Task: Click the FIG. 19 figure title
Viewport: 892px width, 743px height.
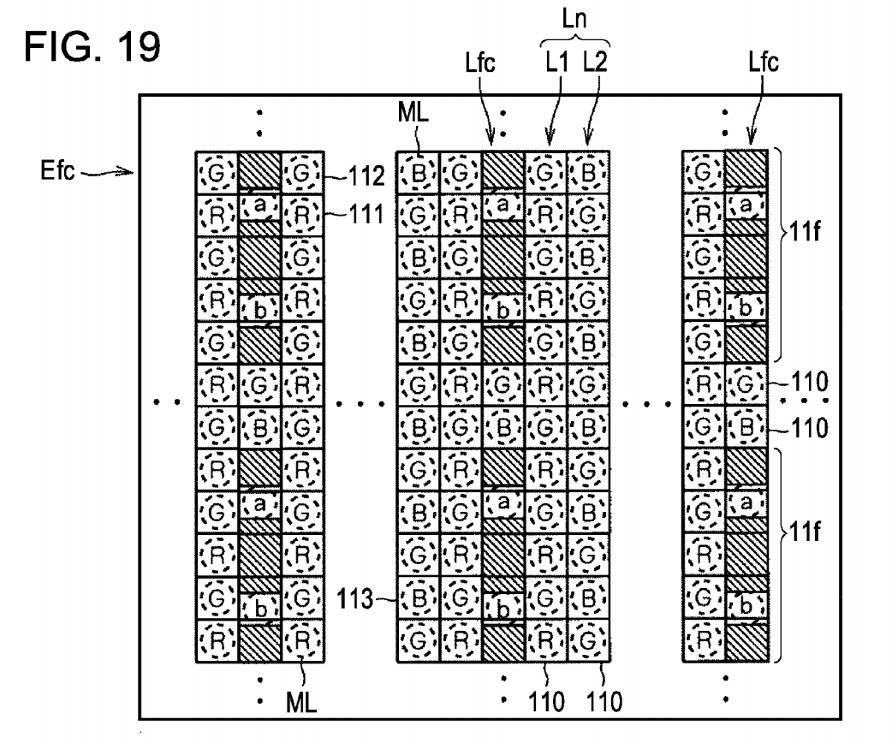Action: click(92, 46)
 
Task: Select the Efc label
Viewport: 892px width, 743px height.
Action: click(57, 170)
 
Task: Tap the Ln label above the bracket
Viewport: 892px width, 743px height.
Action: click(574, 19)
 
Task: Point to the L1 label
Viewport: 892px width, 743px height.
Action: click(557, 62)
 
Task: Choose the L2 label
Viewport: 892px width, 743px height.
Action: click(596, 62)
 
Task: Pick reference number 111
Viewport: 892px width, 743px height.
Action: click(366, 215)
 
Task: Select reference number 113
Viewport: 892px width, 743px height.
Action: click(355, 599)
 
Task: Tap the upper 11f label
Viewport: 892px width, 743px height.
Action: click(805, 232)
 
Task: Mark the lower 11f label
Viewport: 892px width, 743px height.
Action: click(805, 532)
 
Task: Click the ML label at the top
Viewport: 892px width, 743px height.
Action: click(413, 113)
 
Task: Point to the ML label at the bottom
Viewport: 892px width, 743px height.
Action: click(301, 703)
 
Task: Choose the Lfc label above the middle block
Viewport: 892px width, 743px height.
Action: click(480, 62)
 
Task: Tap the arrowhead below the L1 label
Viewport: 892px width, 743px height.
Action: click(549, 140)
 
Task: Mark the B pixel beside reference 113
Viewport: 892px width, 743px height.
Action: click(418, 598)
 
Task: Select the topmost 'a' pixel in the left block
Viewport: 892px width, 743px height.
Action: click(259, 206)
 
